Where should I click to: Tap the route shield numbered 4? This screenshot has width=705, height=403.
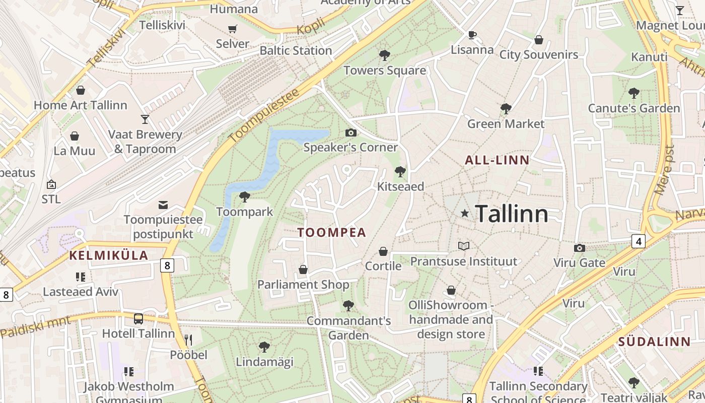click(x=639, y=241)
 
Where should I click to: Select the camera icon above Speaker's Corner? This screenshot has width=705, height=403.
click(x=351, y=132)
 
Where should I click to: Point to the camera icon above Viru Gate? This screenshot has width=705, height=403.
click(x=580, y=248)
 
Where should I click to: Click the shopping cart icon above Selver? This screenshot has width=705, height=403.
click(x=233, y=29)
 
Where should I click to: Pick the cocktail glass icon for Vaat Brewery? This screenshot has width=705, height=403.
click(x=145, y=119)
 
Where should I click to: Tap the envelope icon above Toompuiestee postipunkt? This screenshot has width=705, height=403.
click(x=163, y=205)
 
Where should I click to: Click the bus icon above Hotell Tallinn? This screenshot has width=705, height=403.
click(x=138, y=318)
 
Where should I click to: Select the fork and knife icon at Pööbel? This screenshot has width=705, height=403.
click(x=188, y=340)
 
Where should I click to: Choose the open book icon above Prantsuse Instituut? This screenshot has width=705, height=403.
click(x=464, y=246)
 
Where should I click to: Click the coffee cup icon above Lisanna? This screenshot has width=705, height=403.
click(x=472, y=35)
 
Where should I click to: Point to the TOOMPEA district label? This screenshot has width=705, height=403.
click(x=331, y=233)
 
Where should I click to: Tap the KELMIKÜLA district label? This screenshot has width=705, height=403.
click(x=109, y=255)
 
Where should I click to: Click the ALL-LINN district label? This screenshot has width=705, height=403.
click(x=497, y=161)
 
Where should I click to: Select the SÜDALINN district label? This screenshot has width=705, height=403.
click(x=654, y=342)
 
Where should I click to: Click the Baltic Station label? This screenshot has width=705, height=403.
click(x=296, y=51)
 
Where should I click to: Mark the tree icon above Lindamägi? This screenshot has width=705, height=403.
click(x=264, y=347)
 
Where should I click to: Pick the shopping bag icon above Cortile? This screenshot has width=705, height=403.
click(x=383, y=251)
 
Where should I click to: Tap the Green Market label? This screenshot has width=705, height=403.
click(x=506, y=124)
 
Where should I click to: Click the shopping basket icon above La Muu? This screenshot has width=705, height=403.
click(x=75, y=136)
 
